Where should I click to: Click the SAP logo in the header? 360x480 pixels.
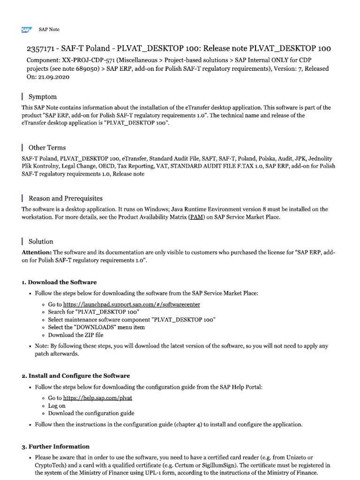point(26,30)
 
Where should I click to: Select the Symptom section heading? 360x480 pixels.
point(43,97)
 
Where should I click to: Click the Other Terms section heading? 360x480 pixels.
point(47,148)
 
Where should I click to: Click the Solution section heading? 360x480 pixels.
point(41,241)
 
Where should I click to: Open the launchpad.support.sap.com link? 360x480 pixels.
point(132,304)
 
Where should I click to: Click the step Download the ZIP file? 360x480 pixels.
point(75,335)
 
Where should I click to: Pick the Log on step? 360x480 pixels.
point(57,405)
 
